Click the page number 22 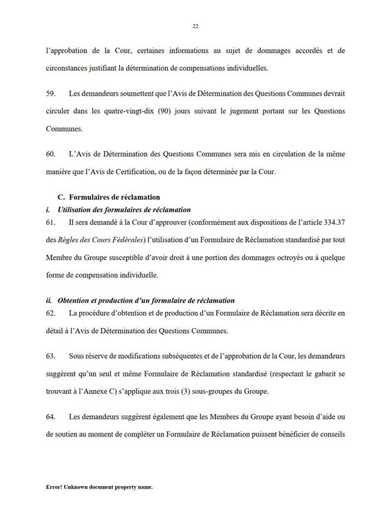pyautogui.click(x=195, y=26)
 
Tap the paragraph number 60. pyautogui.click(x=51, y=154)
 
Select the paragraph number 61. pyautogui.click(x=51, y=222)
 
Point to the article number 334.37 pyautogui.click(x=331, y=222)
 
